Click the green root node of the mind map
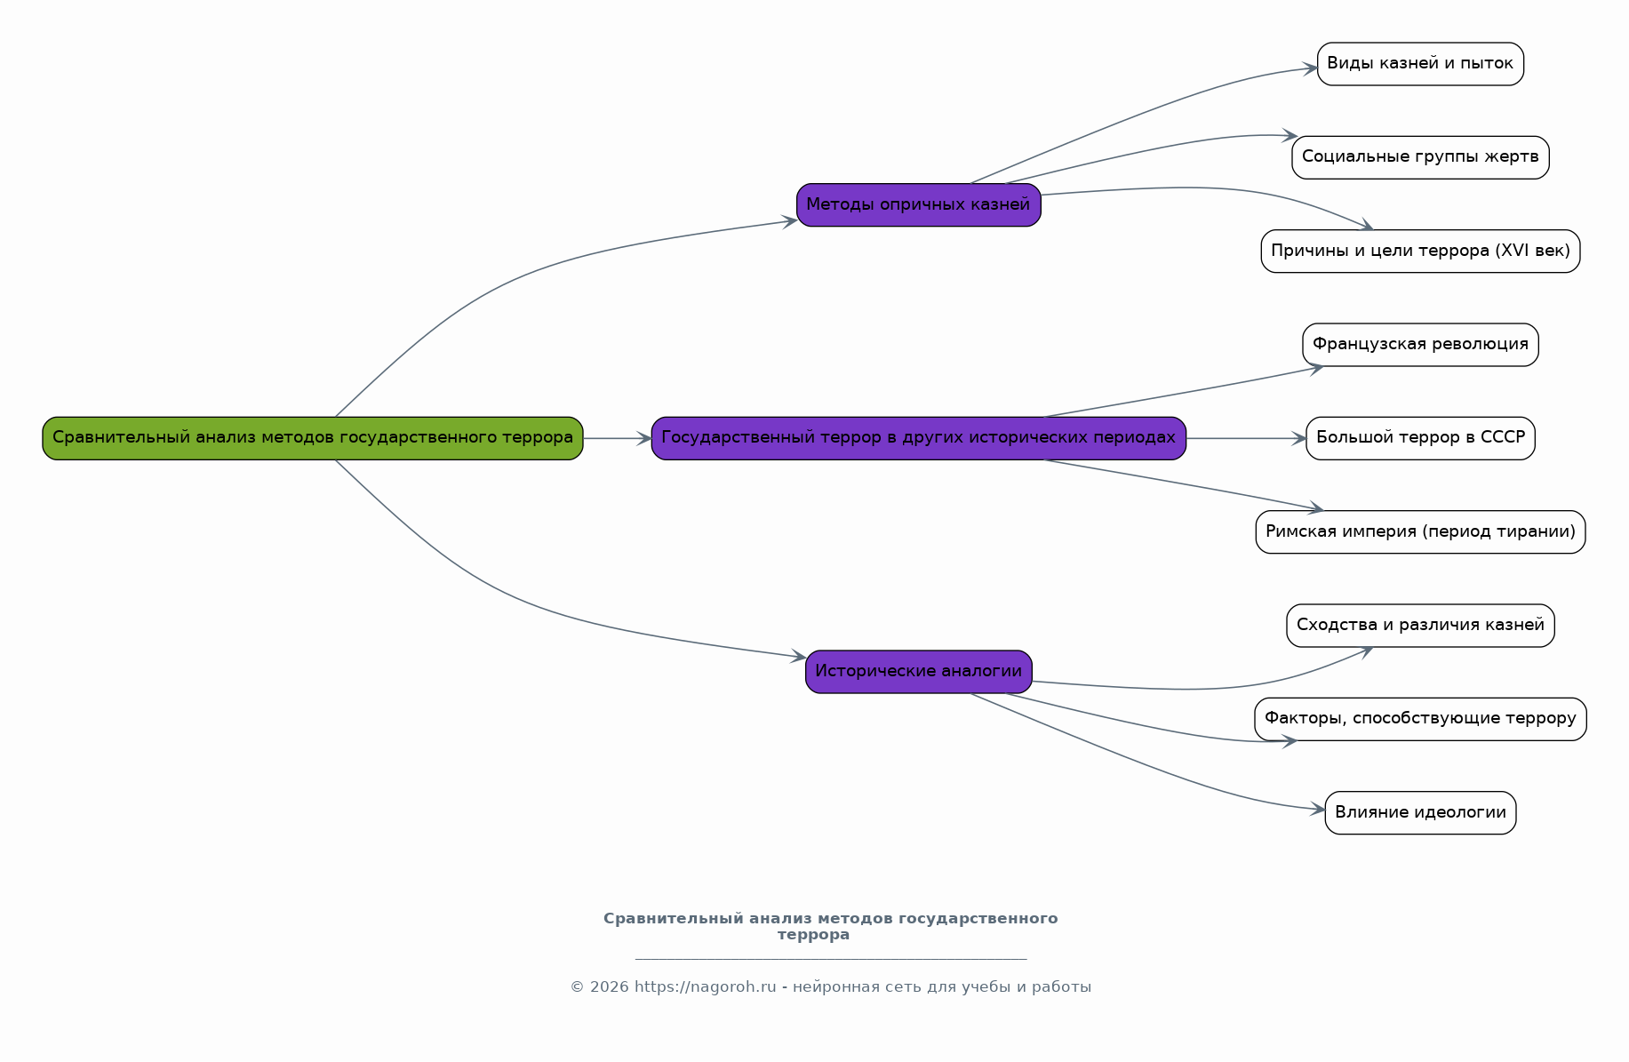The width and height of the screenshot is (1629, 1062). pyautogui.click(x=313, y=438)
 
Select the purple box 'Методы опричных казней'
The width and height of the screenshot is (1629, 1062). pyautogui.click(x=918, y=205)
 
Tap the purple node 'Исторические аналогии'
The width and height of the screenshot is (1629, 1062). pyautogui.click(x=918, y=672)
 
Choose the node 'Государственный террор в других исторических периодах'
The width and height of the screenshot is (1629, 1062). pyautogui.click(x=918, y=438)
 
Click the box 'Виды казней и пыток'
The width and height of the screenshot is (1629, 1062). pyautogui.click(x=1420, y=64)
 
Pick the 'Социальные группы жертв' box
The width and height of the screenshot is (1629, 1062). pyautogui.click(x=1420, y=157)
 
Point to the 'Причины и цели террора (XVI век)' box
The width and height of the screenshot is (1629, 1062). pyautogui.click(x=1420, y=252)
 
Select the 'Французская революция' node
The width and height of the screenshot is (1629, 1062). pyautogui.click(x=1420, y=345)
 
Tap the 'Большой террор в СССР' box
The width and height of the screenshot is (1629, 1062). pyautogui.click(x=1420, y=438)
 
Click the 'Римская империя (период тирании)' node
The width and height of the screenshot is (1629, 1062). pyautogui.click(x=1420, y=532)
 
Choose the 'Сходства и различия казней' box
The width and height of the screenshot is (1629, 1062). pyautogui.click(x=1420, y=626)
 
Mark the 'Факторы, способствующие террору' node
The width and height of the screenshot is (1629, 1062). pyautogui.click(x=1420, y=719)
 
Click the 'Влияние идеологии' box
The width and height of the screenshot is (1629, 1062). pyautogui.click(x=1420, y=813)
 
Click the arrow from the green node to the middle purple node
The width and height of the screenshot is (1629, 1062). pyautogui.click(x=618, y=438)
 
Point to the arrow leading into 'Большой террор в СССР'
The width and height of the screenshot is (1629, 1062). pyautogui.click(x=1246, y=438)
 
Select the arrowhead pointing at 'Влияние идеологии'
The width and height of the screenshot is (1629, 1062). pyautogui.click(x=1318, y=810)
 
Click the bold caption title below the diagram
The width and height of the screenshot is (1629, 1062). pyautogui.click(x=830, y=927)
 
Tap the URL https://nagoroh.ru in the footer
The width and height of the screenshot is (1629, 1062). pyautogui.click(x=705, y=987)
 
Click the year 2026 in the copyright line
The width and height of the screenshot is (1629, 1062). pyautogui.click(x=609, y=987)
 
